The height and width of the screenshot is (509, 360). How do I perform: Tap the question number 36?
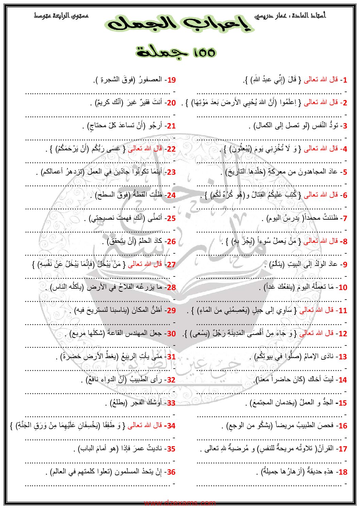pyautogui.click(x=171, y=472)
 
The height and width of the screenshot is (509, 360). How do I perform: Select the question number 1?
pyautogui.click(x=345, y=80)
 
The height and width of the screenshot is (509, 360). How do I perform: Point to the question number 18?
pyautogui.click(x=343, y=472)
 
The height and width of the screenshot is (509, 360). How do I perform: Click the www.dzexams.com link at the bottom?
pyautogui.click(x=180, y=503)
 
